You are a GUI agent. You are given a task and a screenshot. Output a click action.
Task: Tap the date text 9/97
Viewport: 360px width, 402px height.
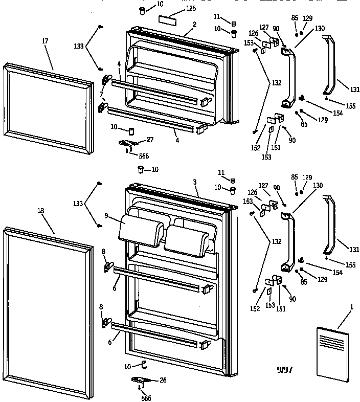point(285,369)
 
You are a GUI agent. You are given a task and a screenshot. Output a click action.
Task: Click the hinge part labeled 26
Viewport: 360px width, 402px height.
point(141,379)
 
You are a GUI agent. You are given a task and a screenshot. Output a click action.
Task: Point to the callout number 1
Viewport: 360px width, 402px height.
point(352,306)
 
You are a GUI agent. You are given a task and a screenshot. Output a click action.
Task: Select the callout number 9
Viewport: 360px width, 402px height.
point(106,216)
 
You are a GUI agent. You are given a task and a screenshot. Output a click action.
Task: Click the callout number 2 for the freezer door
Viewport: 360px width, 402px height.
point(195,24)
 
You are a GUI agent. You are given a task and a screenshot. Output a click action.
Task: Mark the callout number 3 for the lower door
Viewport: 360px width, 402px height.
point(196,182)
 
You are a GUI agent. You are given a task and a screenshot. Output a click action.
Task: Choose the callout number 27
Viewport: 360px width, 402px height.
point(150,139)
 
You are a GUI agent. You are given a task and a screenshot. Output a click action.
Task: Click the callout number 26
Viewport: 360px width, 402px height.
point(163,379)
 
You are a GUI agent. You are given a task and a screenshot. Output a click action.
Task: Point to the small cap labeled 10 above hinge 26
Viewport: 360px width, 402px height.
point(144,364)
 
